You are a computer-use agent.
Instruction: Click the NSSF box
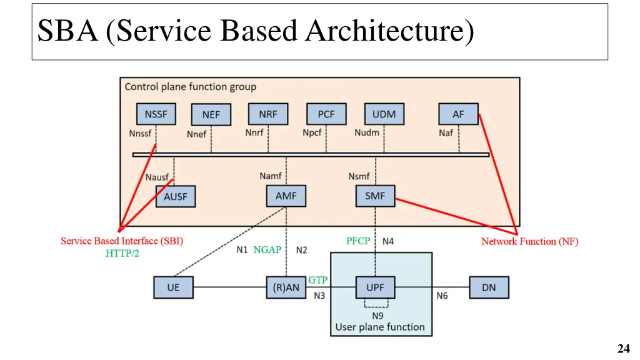(156, 114)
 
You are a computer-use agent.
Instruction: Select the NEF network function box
(211, 115)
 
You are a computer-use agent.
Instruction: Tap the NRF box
(268, 114)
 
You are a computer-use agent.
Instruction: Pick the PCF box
(326, 114)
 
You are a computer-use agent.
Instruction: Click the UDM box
(384, 114)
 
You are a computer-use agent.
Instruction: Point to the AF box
(459, 114)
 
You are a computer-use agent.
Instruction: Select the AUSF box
(176, 196)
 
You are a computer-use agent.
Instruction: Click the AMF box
(286, 196)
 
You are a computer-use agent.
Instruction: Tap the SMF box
(376, 196)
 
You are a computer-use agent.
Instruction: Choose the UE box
(173, 287)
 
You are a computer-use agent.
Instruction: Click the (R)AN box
(286, 287)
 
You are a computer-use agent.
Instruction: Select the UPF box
(376, 287)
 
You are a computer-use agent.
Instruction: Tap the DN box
(489, 287)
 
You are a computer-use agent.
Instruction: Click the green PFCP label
(358, 241)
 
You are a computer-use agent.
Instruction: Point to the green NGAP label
(267, 249)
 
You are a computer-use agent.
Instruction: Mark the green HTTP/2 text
(122, 253)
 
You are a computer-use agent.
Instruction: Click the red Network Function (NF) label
(529, 242)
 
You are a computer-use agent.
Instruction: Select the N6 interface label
(442, 295)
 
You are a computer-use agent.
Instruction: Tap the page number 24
(622, 349)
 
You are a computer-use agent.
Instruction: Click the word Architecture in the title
(389, 31)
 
